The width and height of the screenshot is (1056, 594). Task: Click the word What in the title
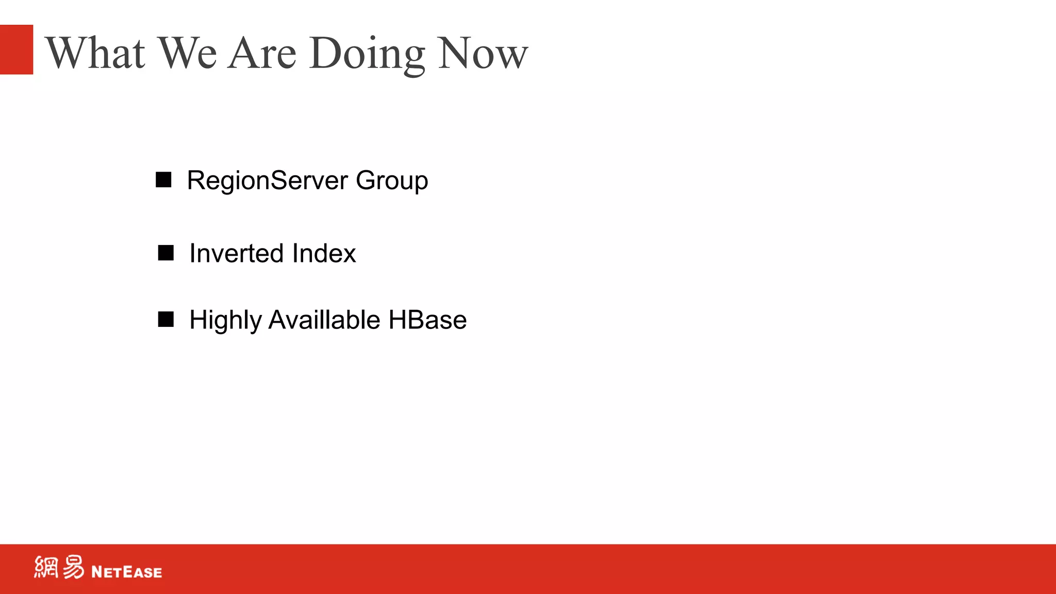(95, 53)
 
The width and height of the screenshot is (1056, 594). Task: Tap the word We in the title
(187, 53)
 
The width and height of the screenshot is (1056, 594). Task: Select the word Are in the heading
(262, 53)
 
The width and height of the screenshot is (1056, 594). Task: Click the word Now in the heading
(483, 53)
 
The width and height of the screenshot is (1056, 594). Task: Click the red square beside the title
(16, 49)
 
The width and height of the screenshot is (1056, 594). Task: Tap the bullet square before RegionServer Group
(163, 180)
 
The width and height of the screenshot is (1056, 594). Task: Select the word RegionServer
(267, 181)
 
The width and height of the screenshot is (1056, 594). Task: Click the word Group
(391, 181)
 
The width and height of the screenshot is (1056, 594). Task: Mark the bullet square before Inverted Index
(166, 253)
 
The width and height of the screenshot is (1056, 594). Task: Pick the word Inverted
(237, 254)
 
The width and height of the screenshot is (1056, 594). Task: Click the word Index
(324, 254)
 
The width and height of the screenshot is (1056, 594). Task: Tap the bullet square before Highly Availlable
(166, 320)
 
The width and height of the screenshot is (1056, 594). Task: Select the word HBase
(427, 320)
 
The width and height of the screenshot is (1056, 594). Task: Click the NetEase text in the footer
(126, 572)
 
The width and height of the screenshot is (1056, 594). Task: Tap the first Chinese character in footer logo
(46, 567)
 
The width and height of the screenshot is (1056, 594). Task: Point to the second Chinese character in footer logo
(73, 567)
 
